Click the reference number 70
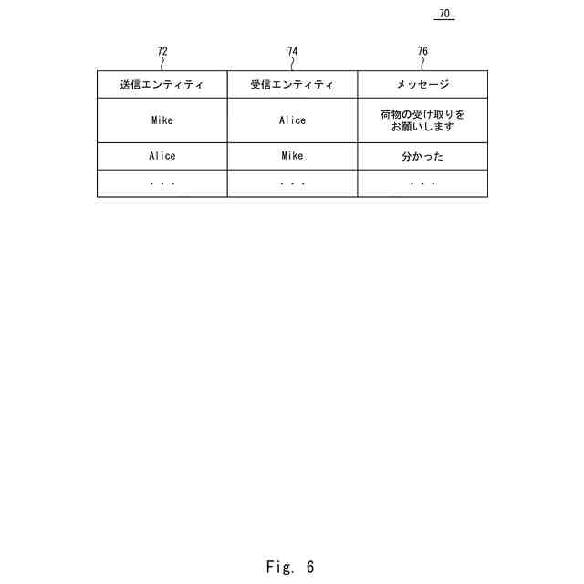click(444, 14)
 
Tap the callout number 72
click(162, 51)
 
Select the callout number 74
click(292, 51)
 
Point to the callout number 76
click(422, 51)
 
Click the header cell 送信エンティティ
click(162, 85)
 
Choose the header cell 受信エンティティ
click(292, 85)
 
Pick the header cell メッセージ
click(422, 85)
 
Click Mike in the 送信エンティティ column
click(162, 120)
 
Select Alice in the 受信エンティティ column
click(292, 120)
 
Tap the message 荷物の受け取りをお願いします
click(422, 120)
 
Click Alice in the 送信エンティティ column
click(162, 156)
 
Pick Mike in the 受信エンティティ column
click(292, 156)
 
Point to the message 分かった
click(422, 156)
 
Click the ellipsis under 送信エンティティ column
click(162, 183)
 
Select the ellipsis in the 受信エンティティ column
click(292, 183)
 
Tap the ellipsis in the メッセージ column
click(422, 183)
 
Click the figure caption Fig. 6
click(290, 567)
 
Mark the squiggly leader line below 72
click(162, 64)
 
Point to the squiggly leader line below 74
click(292, 64)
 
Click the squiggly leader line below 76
click(422, 64)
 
